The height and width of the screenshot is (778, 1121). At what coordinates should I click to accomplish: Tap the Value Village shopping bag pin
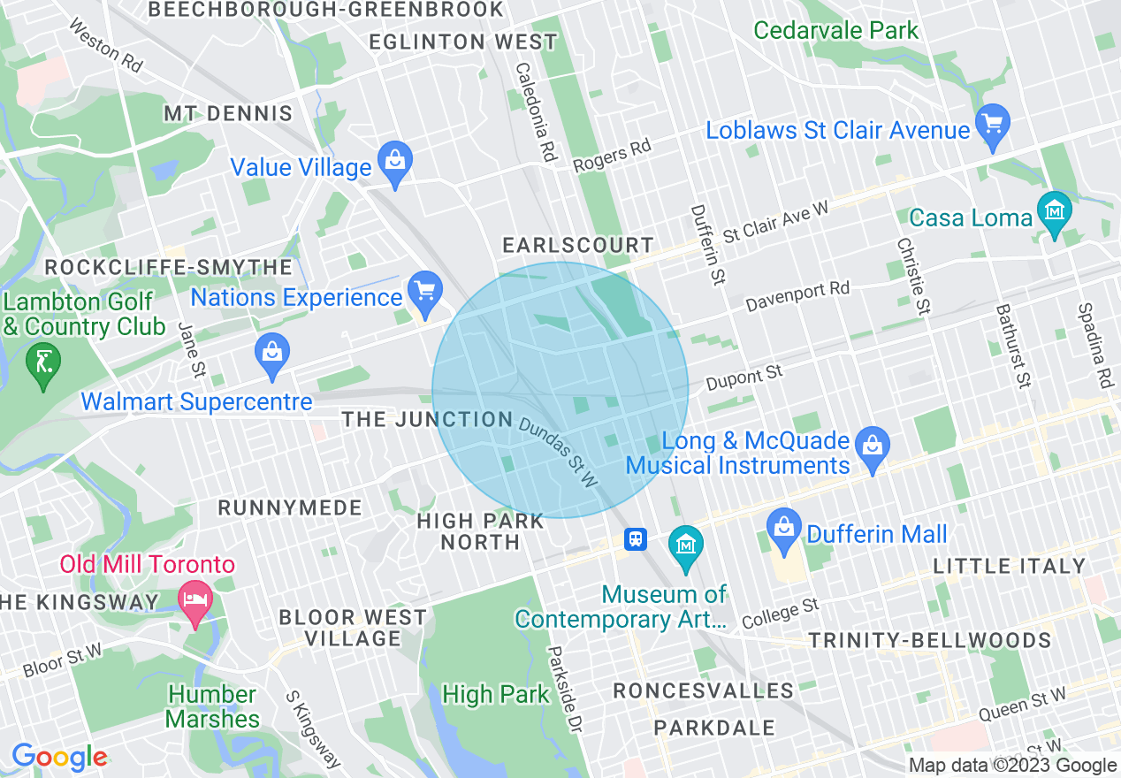click(394, 162)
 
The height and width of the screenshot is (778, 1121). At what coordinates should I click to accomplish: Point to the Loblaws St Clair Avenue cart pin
click(993, 124)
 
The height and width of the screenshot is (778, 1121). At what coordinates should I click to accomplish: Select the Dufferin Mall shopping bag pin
click(784, 529)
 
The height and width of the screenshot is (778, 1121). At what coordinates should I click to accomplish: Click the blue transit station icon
click(635, 538)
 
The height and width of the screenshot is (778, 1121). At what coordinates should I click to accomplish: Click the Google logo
click(59, 757)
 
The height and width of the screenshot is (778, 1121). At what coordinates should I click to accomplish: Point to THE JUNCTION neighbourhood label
click(427, 419)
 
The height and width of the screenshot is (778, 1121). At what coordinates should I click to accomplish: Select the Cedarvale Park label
click(835, 30)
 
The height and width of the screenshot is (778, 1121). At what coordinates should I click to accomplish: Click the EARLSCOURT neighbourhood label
click(578, 245)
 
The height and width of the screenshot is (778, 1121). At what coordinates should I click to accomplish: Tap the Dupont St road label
click(744, 379)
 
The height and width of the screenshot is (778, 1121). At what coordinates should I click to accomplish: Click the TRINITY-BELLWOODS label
click(930, 640)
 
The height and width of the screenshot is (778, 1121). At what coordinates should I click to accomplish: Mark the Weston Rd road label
click(104, 48)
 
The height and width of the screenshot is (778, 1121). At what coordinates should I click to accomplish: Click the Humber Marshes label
click(212, 706)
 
